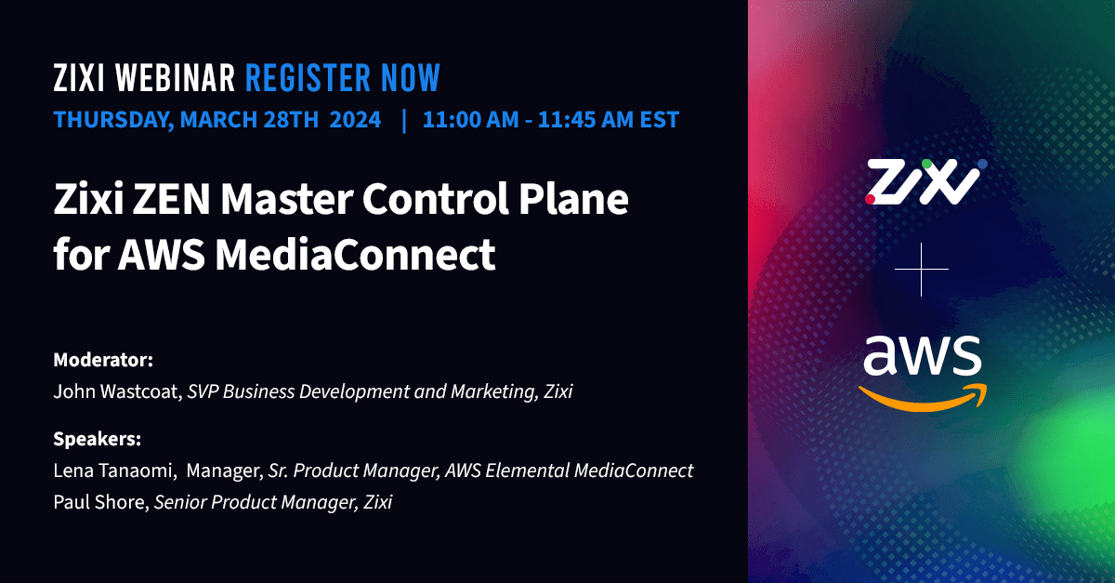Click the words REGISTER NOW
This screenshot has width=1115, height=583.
pos(342,79)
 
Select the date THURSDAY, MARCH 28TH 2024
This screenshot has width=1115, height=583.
pos(217,120)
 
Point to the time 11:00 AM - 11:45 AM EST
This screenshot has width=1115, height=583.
pos(551,120)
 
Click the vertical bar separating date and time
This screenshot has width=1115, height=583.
pos(403,120)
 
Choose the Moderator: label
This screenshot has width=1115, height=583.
pos(103,359)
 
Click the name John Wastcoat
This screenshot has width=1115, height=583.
pos(115,391)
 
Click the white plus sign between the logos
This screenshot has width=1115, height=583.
pos(922,270)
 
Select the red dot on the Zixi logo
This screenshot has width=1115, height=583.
pos(871,198)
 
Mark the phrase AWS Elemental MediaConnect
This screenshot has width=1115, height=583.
pos(569,470)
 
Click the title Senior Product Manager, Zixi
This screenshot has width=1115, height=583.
pos(273,503)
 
